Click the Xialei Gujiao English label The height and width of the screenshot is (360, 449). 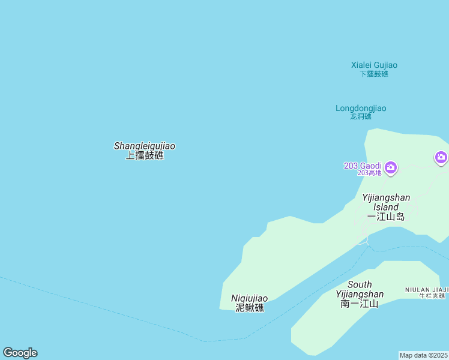374,65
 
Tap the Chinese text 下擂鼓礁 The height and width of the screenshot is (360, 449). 374,74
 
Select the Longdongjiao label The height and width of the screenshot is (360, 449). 361,109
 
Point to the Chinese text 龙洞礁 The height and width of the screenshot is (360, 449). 361,116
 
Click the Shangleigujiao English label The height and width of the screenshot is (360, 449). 145,146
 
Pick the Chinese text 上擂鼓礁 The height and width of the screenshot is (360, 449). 145,155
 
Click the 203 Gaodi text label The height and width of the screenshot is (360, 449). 363,166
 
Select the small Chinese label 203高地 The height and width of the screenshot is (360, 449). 369,173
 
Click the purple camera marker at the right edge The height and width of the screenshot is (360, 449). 441,158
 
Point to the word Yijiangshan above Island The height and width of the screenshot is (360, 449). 386,197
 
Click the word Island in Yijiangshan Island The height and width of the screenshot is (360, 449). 386,207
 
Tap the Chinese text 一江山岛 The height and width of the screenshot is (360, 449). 386,217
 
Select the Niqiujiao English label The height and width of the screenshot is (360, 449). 250,298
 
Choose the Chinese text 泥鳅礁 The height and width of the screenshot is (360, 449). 250,308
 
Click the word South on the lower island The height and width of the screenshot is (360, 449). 360,284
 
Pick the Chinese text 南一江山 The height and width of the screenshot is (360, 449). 360,304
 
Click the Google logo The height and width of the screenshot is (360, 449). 20,353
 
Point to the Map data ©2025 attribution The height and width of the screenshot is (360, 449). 424,355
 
